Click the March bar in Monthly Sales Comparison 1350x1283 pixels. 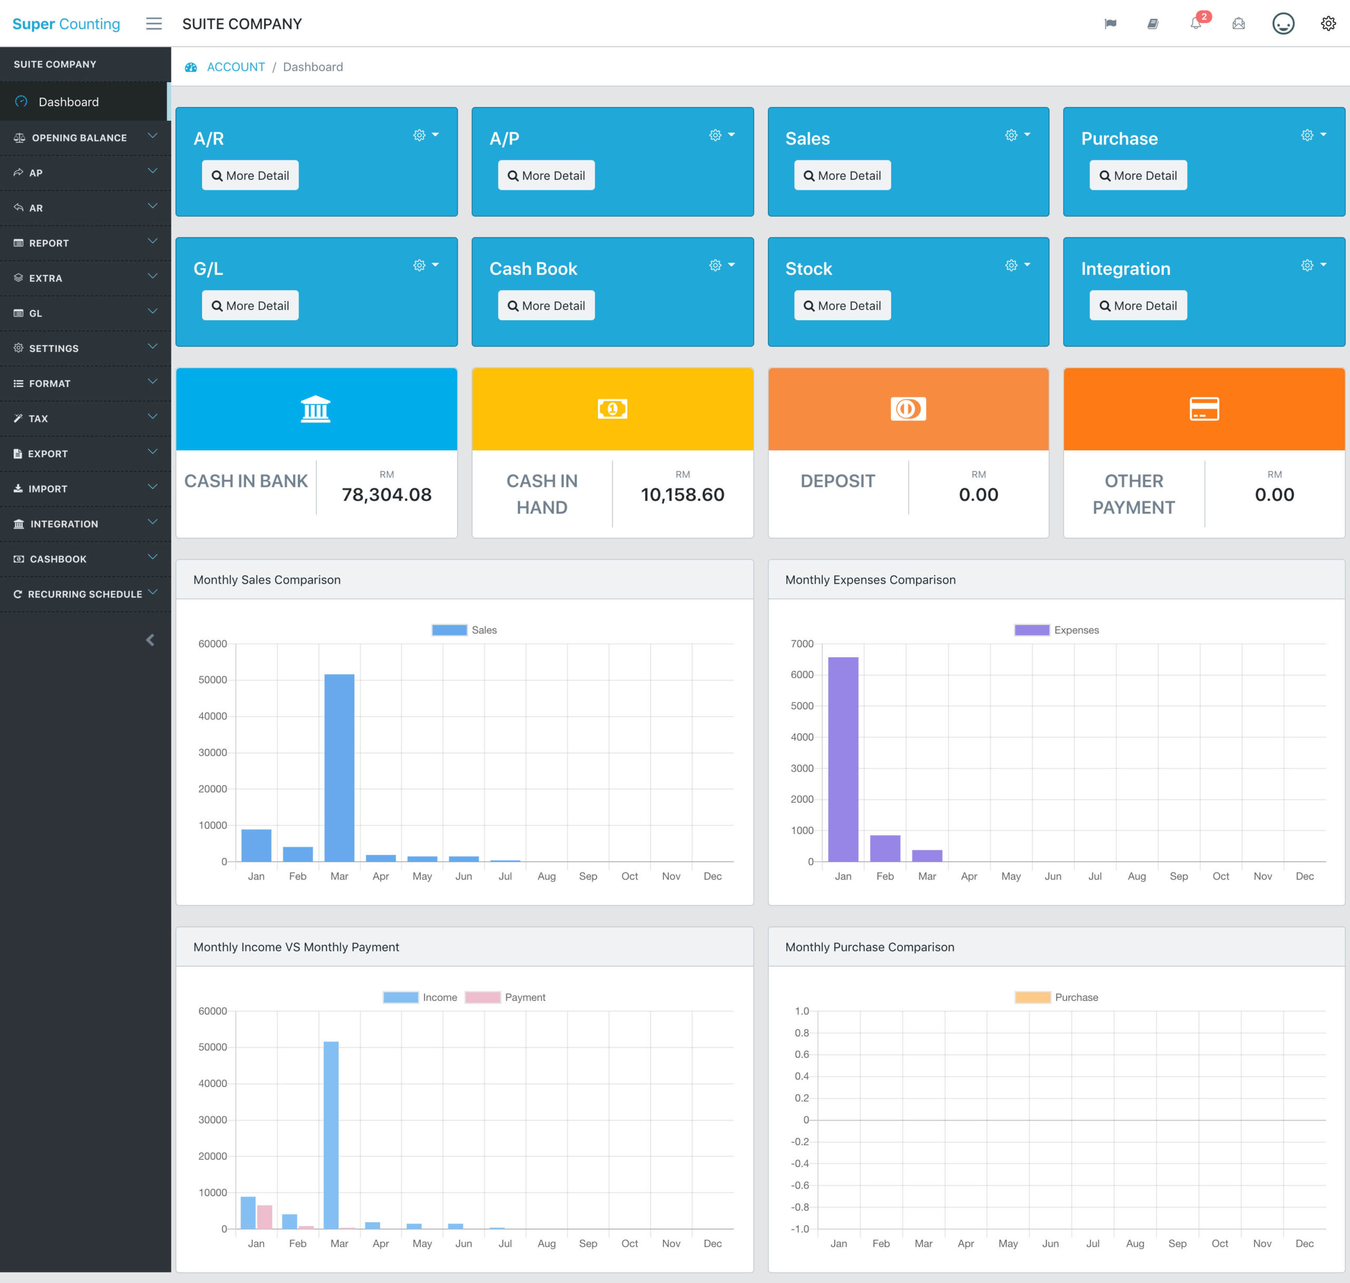click(x=339, y=767)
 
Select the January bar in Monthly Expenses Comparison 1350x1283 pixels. click(x=843, y=759)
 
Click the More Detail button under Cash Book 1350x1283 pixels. click(x=546, y=306)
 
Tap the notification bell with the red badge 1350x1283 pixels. click(x=1195, y=24)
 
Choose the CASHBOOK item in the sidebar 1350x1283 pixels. click(x=58, y=559)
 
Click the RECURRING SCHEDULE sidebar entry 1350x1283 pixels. click(x=85, y=594)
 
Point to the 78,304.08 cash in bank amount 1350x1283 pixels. click(x=387, y=495)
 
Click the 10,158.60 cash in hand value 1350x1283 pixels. click(x=682, y=495)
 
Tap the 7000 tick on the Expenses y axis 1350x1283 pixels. click(x=802, y=643)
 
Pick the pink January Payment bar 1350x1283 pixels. click(x=265, y=1217)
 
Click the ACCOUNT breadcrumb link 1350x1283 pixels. click(x=235, y=67)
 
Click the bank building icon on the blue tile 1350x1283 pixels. click(x=315, y=409)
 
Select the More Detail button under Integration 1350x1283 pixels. click(x=1137, y=306)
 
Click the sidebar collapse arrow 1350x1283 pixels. click(x=150, y=640)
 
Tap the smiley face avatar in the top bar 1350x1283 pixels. click(x=1282, y=24)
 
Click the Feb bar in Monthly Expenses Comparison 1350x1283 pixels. click(x=885, y=848)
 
